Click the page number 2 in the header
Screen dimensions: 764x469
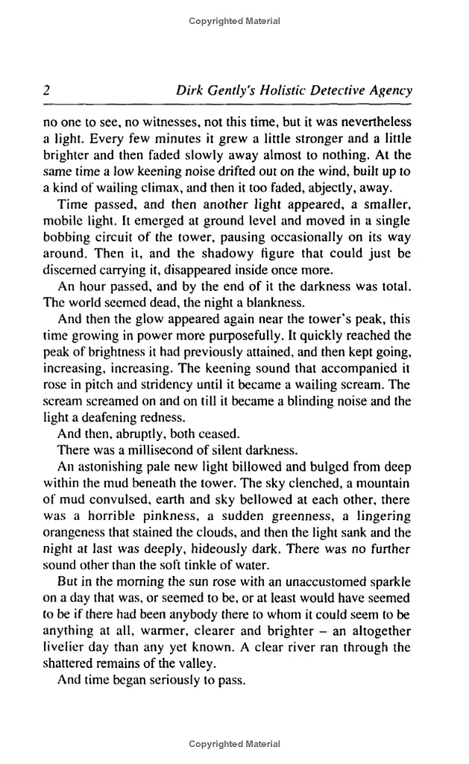click(x=46, y=91)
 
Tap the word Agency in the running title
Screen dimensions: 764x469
click(x=389, y=91)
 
